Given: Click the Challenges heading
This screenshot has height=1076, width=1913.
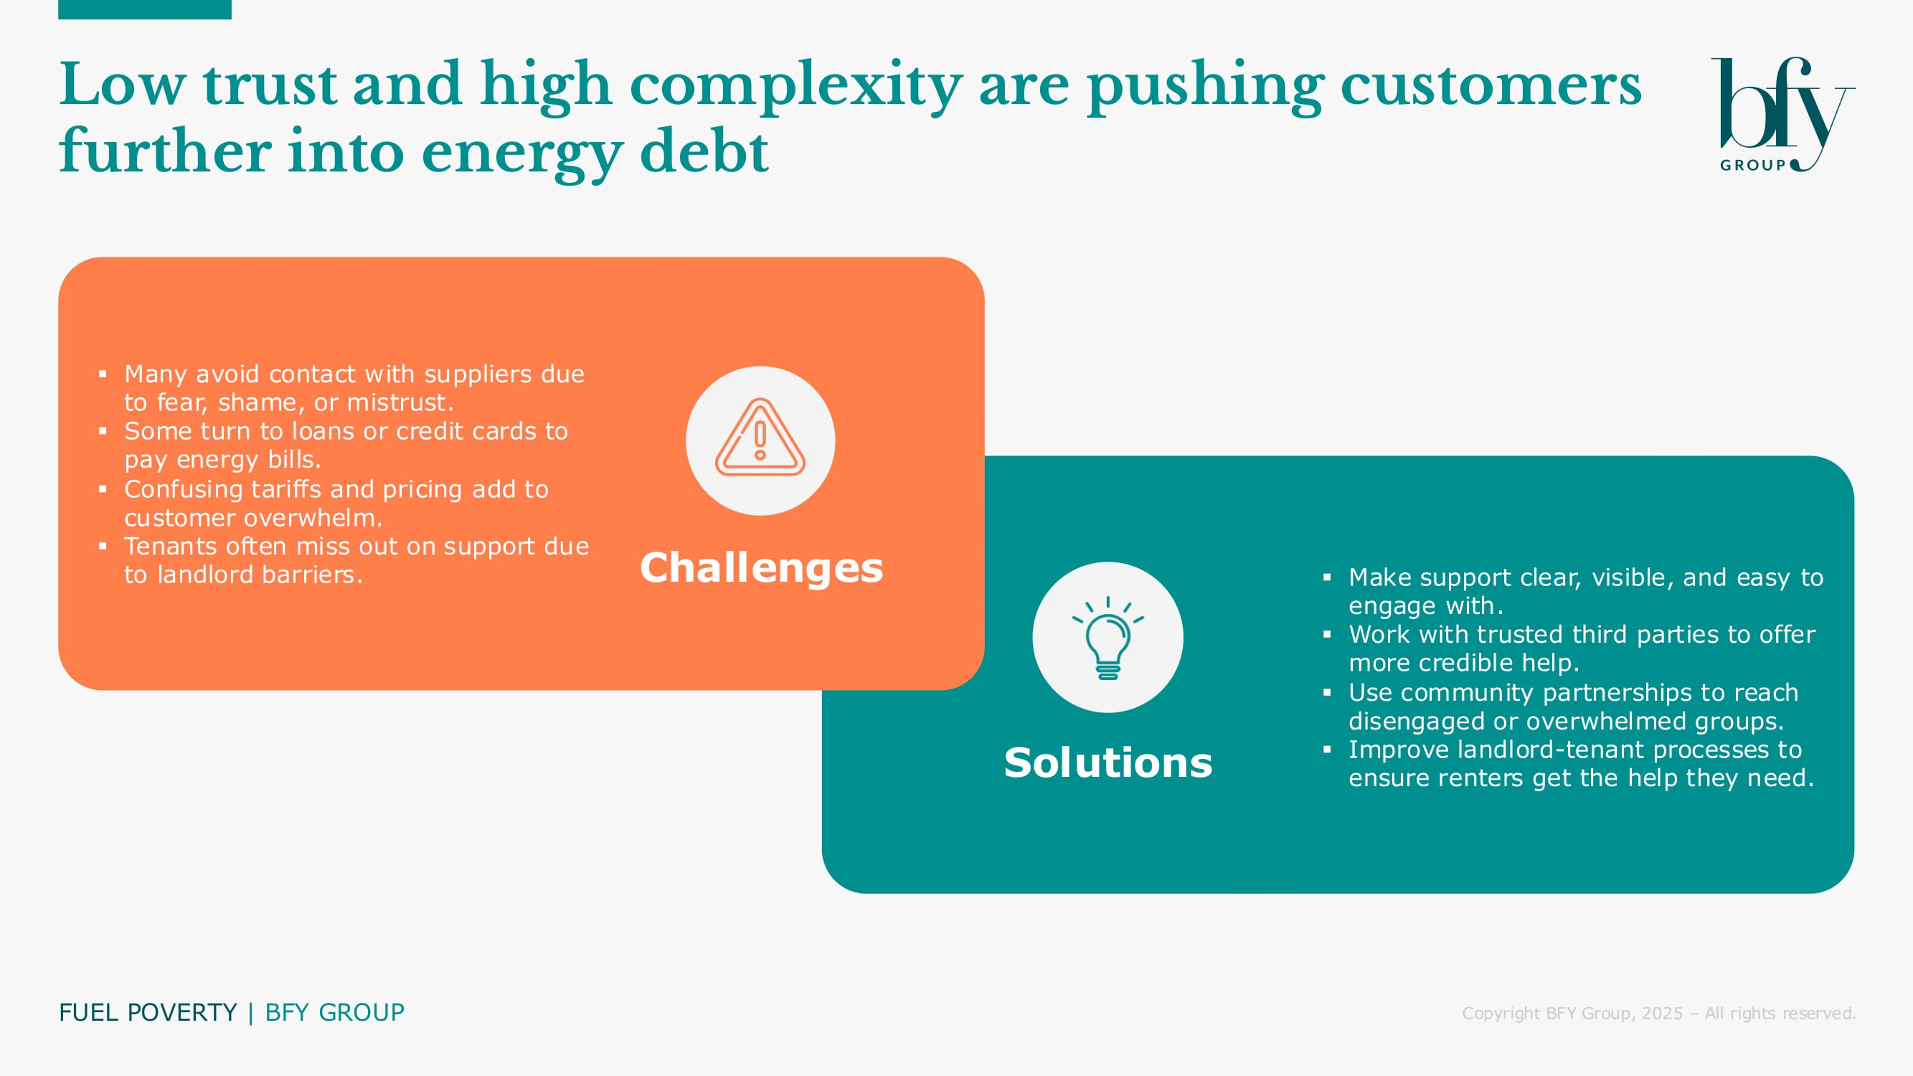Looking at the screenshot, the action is pos(761,568).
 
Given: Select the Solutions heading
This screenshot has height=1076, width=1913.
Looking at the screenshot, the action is pos(1108,763).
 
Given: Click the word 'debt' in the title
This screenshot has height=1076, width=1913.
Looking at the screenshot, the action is pos(703,151).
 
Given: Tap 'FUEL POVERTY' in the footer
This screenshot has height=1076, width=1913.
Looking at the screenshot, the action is pos(148,1012).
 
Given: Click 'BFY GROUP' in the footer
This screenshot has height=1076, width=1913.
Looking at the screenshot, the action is pos(334,1012).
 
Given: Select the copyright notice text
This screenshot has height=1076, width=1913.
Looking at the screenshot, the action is pos(1658,1013).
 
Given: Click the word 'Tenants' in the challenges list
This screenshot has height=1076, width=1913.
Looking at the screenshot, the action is pos(171,546).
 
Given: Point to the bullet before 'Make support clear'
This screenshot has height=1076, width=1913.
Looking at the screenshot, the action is pos(1327,577).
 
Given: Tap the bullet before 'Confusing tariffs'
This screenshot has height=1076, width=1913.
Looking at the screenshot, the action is pos(103,489).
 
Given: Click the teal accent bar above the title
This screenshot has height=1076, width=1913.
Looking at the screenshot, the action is pos(145,9).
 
